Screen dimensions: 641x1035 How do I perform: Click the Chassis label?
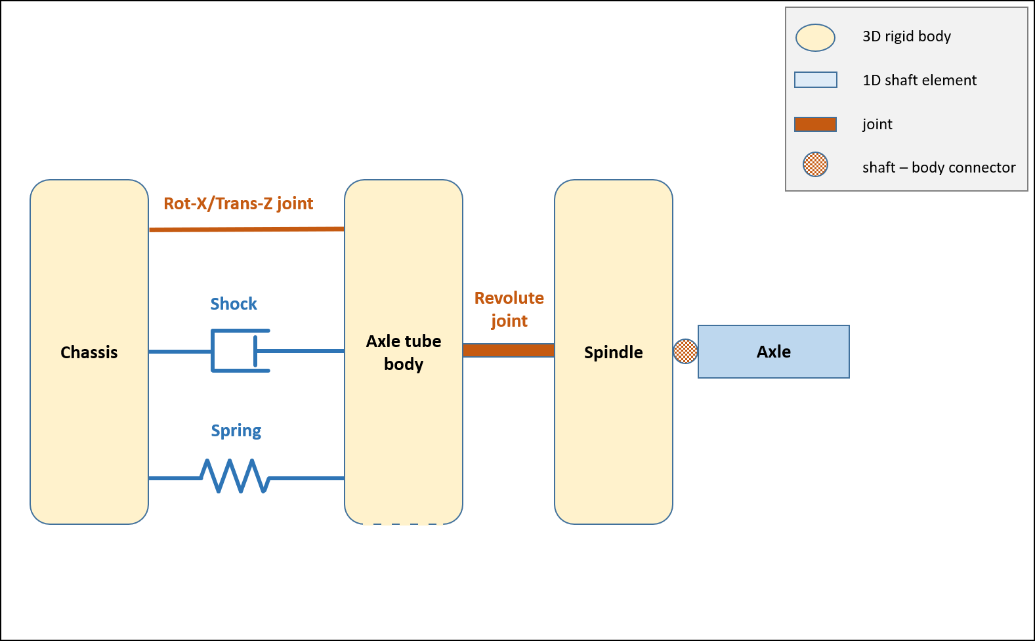tap(89, 352)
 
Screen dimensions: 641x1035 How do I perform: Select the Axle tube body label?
tap(404, 352)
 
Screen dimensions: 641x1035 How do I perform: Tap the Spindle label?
tap(614, 352)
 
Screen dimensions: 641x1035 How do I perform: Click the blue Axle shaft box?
tap(774, 352)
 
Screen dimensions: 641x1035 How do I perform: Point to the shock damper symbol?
tap(241, 351)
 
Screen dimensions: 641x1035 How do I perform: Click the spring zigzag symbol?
tap(235, 476)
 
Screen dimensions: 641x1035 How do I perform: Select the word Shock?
tap(234, 304)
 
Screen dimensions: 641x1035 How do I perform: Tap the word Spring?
tap(236, 430)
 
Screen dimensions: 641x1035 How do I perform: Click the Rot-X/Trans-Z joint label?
tap(238, 203)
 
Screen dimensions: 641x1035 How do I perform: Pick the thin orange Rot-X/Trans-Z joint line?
tap(247, 229)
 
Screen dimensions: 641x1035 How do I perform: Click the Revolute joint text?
tap(509, 309)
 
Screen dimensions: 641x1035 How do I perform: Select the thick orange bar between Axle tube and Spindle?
tap(509, 350)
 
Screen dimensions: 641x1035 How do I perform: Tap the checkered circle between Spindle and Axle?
tap(685, 352)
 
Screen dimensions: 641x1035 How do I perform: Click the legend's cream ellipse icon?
tap(815, 37)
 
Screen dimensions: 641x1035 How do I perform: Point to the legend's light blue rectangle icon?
tap(816, 80)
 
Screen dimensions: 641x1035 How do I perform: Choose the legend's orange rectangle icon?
tap(816, 124)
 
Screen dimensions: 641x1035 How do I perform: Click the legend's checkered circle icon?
tap(816, 164)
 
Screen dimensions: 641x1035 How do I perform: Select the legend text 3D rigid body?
tap(906, 36)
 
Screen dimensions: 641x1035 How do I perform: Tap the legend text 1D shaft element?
tap(919, 80)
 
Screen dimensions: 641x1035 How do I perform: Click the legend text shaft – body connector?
tap(939, 167)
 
